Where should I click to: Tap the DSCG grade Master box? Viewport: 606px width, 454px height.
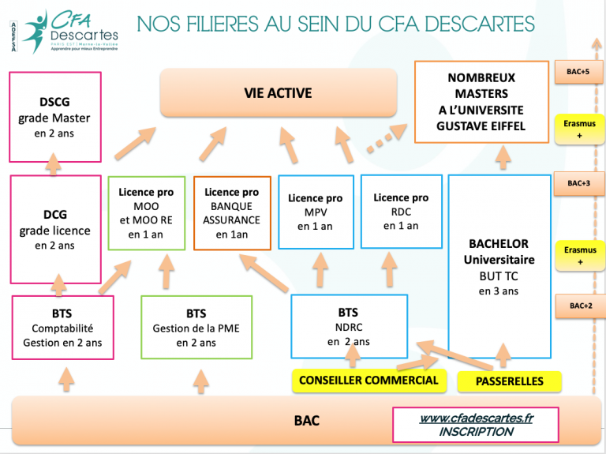tap(54, 117)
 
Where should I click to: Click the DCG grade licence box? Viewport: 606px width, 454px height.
tap(54, 229)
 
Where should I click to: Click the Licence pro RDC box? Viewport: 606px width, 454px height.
tap(401, 211)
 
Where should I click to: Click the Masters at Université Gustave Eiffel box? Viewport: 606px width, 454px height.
tap(481, 103)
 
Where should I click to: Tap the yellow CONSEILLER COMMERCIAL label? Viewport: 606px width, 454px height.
tap(368, 381)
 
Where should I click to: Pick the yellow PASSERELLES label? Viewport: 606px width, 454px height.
tap(510, 381)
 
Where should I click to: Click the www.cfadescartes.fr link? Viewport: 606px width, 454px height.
tap(476, 418)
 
